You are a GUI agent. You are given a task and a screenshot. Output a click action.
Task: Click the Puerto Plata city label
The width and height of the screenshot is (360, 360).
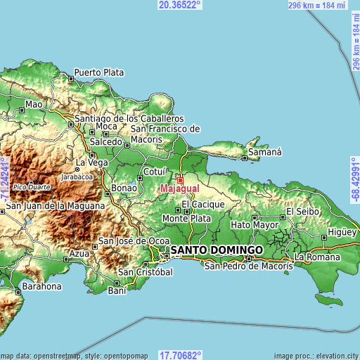click(98, 72)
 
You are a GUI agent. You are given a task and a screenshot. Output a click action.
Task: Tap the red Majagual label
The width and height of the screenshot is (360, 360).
click(179, 189)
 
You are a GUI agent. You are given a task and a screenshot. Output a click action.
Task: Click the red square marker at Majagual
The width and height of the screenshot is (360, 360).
click(179, 180)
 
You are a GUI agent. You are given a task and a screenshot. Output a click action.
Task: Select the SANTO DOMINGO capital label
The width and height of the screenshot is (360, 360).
click(217, 250)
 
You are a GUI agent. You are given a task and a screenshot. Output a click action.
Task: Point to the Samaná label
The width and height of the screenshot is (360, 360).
click(264, 152)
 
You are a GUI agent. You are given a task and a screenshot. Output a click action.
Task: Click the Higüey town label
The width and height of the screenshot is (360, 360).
click(342, 233)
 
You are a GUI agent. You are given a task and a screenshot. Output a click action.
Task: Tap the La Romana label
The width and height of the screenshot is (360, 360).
click(318, 257)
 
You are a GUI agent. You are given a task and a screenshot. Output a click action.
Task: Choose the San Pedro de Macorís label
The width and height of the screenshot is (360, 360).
click(248, 266)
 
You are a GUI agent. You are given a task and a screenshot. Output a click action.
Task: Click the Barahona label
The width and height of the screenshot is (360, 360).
click(41, 287)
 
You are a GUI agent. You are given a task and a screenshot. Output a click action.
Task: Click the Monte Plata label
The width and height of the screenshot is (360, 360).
click(186, 219)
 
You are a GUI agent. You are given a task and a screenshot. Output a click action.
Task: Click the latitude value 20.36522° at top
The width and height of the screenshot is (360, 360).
click(180, 5)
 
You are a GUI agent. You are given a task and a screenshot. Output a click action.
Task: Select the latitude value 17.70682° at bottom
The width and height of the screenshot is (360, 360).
click(180, 355)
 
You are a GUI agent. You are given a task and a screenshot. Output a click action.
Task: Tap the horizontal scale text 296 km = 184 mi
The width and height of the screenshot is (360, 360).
click(317, 5)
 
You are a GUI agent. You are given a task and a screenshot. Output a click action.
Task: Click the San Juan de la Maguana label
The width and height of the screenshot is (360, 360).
click(56, 206)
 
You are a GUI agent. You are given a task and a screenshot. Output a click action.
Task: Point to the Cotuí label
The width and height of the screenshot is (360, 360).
click(154, 172)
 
